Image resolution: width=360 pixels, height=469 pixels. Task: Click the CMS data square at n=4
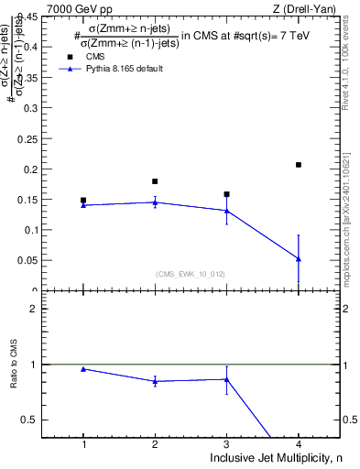click(299, 165)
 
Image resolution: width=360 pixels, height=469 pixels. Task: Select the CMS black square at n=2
click(155, 181)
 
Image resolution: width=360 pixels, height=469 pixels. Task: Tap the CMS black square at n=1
click(83, 200)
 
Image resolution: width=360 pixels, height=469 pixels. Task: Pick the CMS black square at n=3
click(226, 194)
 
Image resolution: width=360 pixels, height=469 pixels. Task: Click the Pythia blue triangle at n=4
click(299, 259)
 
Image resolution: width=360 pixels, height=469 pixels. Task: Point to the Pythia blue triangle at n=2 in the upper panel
click(155, 202)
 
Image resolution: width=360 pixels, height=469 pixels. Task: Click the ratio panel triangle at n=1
click(83, 369)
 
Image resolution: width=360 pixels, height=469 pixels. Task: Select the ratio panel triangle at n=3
click(226, 379)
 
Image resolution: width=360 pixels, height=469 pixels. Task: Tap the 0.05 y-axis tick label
click(39, 260)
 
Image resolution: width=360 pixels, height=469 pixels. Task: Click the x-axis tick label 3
click(226, 444)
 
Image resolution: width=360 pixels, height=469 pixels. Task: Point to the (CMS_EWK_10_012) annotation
click(191, 273)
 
